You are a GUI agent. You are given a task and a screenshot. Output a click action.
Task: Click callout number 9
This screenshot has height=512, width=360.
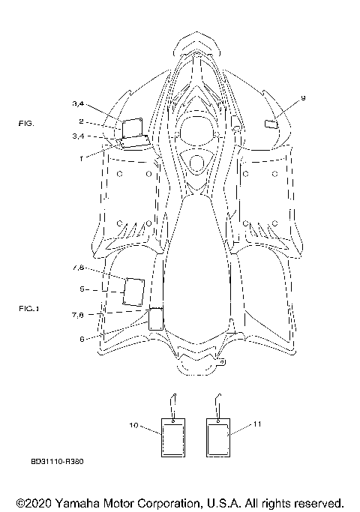pyautogui.click(x=303, y=98)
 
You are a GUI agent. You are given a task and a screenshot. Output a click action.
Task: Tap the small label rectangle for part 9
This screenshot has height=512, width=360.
pyautogui.click(x=271, y=124)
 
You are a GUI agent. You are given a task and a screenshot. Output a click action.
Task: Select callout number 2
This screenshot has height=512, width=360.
pyautogui.click(x=81, y=121)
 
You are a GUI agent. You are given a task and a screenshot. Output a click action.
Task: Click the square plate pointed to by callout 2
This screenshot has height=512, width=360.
pyautogui.click(x=132, y=127)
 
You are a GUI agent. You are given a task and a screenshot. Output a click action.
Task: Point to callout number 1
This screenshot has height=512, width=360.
pyautogui.click(x=81, y=159)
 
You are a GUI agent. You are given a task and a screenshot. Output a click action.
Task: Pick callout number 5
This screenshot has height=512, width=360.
pyautogui.click(x=82, y=289)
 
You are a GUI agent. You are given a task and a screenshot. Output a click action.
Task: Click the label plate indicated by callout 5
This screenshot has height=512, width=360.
pyautogui.click(x=134, y=292)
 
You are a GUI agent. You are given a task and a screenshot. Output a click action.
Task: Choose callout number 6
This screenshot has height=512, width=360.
pyautogui.click(x=82, y=339)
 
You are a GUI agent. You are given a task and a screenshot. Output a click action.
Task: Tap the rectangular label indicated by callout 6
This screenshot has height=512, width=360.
pyautogui.click(x=156, y=319)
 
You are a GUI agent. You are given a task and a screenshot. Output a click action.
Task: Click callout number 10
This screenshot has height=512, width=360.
pyautogui.click(x=134, y=426)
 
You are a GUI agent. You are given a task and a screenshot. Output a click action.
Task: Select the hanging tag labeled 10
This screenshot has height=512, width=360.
pyautogui.click(x=173, y=438)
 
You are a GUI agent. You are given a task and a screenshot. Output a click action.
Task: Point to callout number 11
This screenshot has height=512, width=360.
pyautogui.click(x=257, y=424)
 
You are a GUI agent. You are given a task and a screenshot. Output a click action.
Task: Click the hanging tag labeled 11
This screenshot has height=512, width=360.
pyautogui.click(x=218, y=438)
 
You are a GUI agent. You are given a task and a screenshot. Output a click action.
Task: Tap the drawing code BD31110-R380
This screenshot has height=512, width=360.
pyautogui.click(x=57, y=461)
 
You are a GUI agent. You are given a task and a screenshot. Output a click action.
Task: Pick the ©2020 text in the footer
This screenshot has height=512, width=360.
pyautogui.click(x=34, y=503)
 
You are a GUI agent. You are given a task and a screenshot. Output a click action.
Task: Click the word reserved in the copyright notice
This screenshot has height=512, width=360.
pyautogui.click(x=319, y=503)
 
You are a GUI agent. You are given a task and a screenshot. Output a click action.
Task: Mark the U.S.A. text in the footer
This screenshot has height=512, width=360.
pyautogui.click(x=221, y=503)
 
